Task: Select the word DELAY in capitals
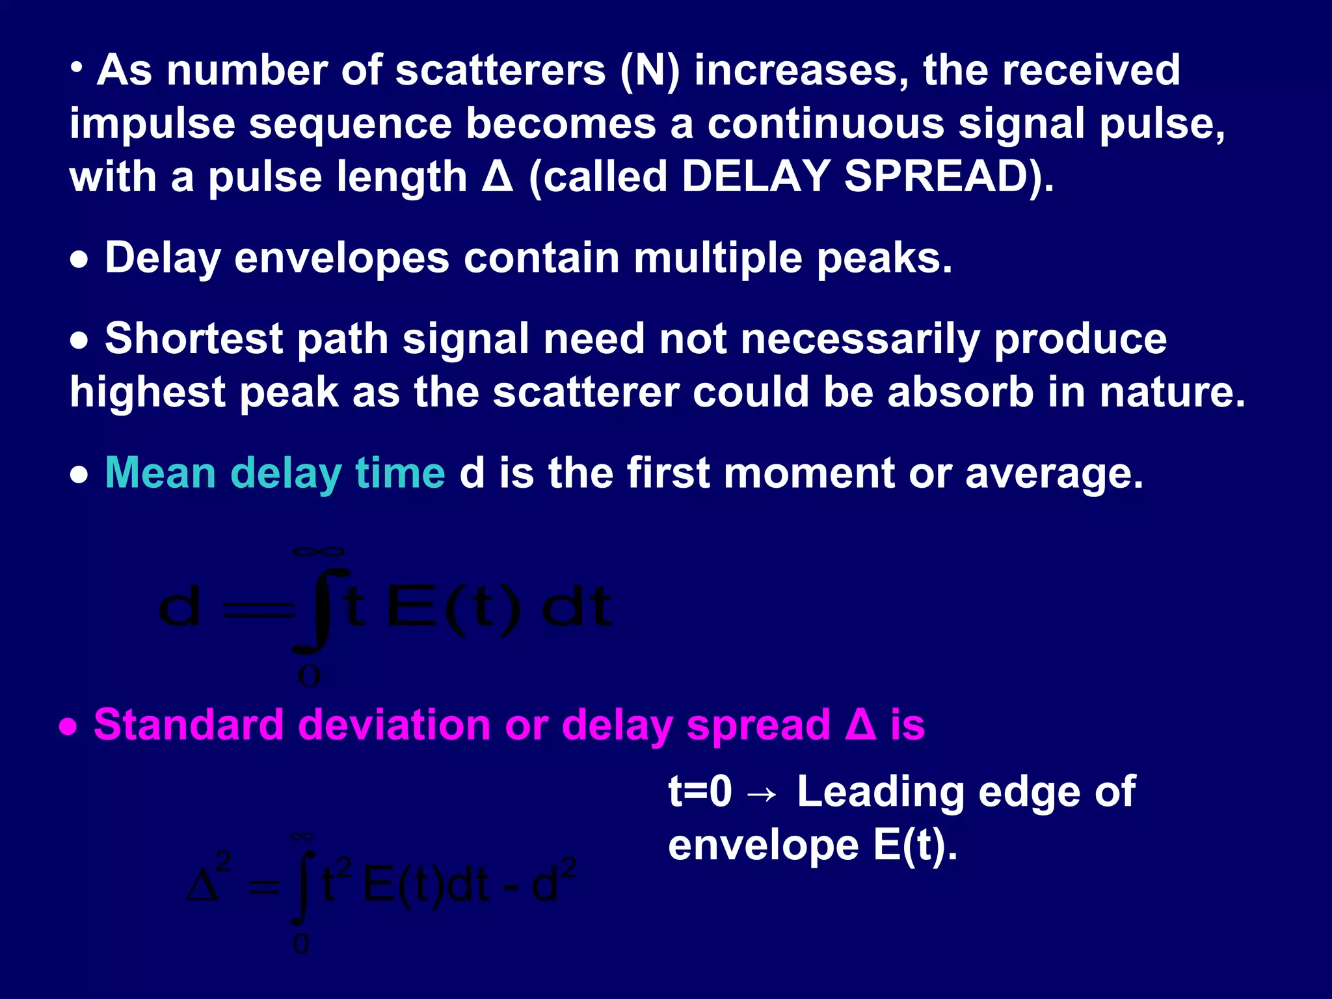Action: pos(755,177)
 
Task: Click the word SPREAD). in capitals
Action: pos(949,177)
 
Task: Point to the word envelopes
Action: pos(341,258)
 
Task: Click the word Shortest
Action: pos(194,339)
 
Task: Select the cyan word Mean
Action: pos(160,473)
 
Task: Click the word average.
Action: pos(1054,473)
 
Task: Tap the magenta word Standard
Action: pos(189,725)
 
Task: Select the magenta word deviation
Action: pos(394,725)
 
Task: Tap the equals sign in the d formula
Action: pos(258,610)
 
